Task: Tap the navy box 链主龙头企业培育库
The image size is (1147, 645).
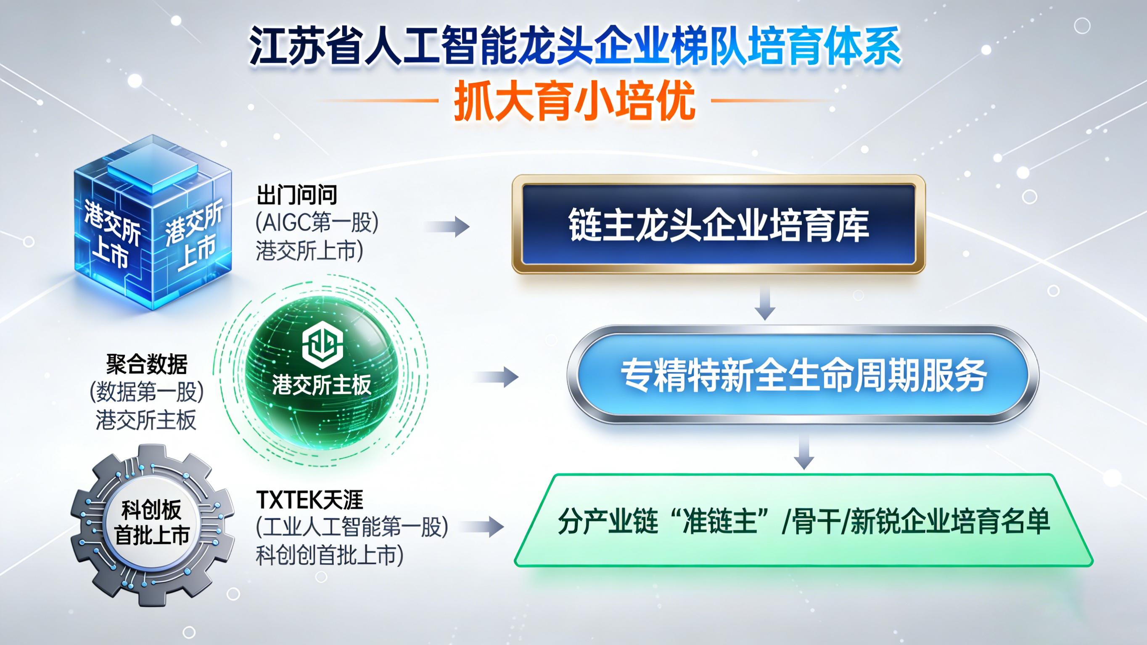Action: (718, 224)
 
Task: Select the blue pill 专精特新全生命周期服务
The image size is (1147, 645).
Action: (803, 375)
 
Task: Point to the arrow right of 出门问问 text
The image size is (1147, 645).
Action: (447, 226)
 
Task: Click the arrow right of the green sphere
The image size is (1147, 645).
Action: (496, 377)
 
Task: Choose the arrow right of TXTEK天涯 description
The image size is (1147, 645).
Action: (483, 527)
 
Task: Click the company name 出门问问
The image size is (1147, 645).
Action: (296, 195)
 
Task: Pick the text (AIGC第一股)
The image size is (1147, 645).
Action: (317, 222)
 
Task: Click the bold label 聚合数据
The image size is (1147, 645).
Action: (146, 365)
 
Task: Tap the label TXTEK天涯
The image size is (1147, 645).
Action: (309, 500)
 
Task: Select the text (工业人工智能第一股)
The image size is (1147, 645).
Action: (351, 527)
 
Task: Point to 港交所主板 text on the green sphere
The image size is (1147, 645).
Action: (322, 384)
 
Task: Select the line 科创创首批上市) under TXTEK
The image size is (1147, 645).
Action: (330, 555)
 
